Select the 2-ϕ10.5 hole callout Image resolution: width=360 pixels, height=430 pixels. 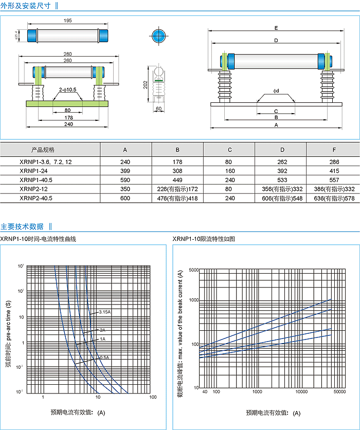tap(67, 89)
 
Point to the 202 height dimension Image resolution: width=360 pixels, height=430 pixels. tap(146, 83)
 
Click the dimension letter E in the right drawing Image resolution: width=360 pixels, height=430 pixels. tap(276, 27)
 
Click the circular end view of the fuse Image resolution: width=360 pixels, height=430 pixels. tap(158, 37)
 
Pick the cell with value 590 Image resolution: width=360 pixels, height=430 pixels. tap(125, 180)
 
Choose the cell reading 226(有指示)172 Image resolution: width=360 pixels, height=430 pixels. tap(177, 189)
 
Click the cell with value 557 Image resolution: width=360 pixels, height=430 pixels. tap(334, 180)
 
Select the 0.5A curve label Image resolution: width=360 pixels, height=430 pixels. tap(103, 357)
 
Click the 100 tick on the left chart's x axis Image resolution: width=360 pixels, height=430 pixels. tap(152, 397)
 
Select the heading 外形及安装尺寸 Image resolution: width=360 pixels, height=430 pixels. tap(26, 6)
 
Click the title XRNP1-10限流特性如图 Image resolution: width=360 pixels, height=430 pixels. tap(204, 239)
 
